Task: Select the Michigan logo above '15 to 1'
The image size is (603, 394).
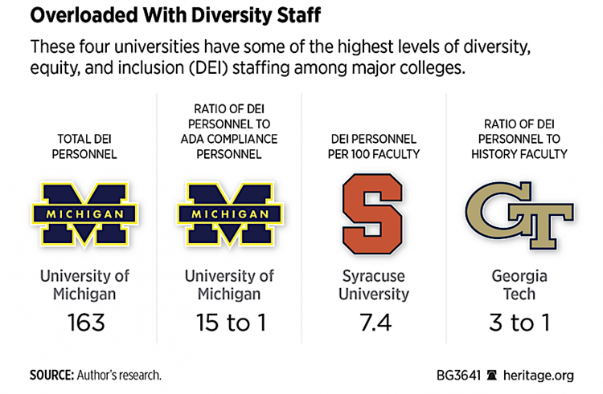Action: click(223, 212)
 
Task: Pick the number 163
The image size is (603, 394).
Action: click(78, 323)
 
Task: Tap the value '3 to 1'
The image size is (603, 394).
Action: click(519, 323)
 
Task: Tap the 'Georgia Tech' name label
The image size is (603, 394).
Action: click(519, 285)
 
